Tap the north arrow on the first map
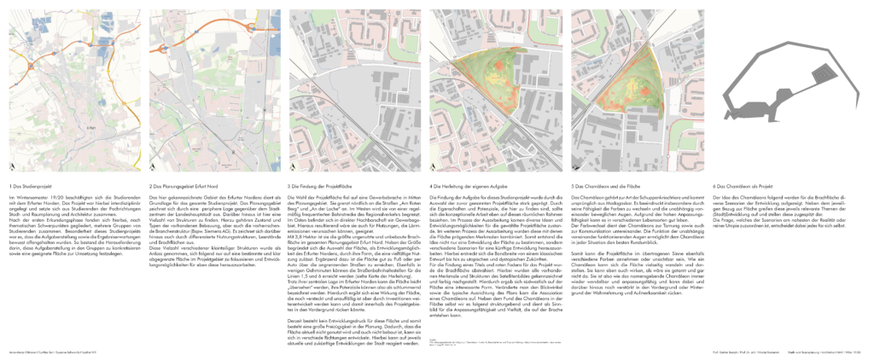12,165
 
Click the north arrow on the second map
154,165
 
